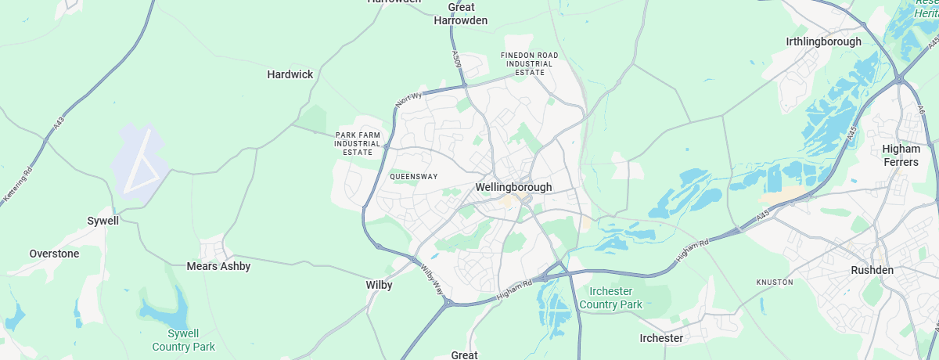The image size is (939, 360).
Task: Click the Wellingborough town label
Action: (x=513, y=188)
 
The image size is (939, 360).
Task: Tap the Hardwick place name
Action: (x=290, y=74)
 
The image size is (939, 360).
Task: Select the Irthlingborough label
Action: (x=823, y=41)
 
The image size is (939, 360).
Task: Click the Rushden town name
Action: (x=872, y=270)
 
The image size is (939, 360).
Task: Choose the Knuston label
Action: (x=775, y=282)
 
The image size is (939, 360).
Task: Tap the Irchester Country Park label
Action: (x=611, y=298)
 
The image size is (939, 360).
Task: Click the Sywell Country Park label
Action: (x=183, y=340)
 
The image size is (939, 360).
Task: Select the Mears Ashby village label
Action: (x=218, y=266)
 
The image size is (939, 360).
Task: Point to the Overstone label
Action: (x=54, y=254)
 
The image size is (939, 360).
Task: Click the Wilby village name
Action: (x=379, y=286)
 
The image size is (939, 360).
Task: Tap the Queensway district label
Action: (x=413, y=177)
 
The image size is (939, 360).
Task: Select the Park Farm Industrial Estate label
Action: (x=358, y=143)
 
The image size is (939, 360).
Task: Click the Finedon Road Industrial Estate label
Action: (x=530, y=63)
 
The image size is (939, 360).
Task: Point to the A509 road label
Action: (x=456, y=59)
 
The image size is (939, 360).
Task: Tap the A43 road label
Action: (x=59, y=124)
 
